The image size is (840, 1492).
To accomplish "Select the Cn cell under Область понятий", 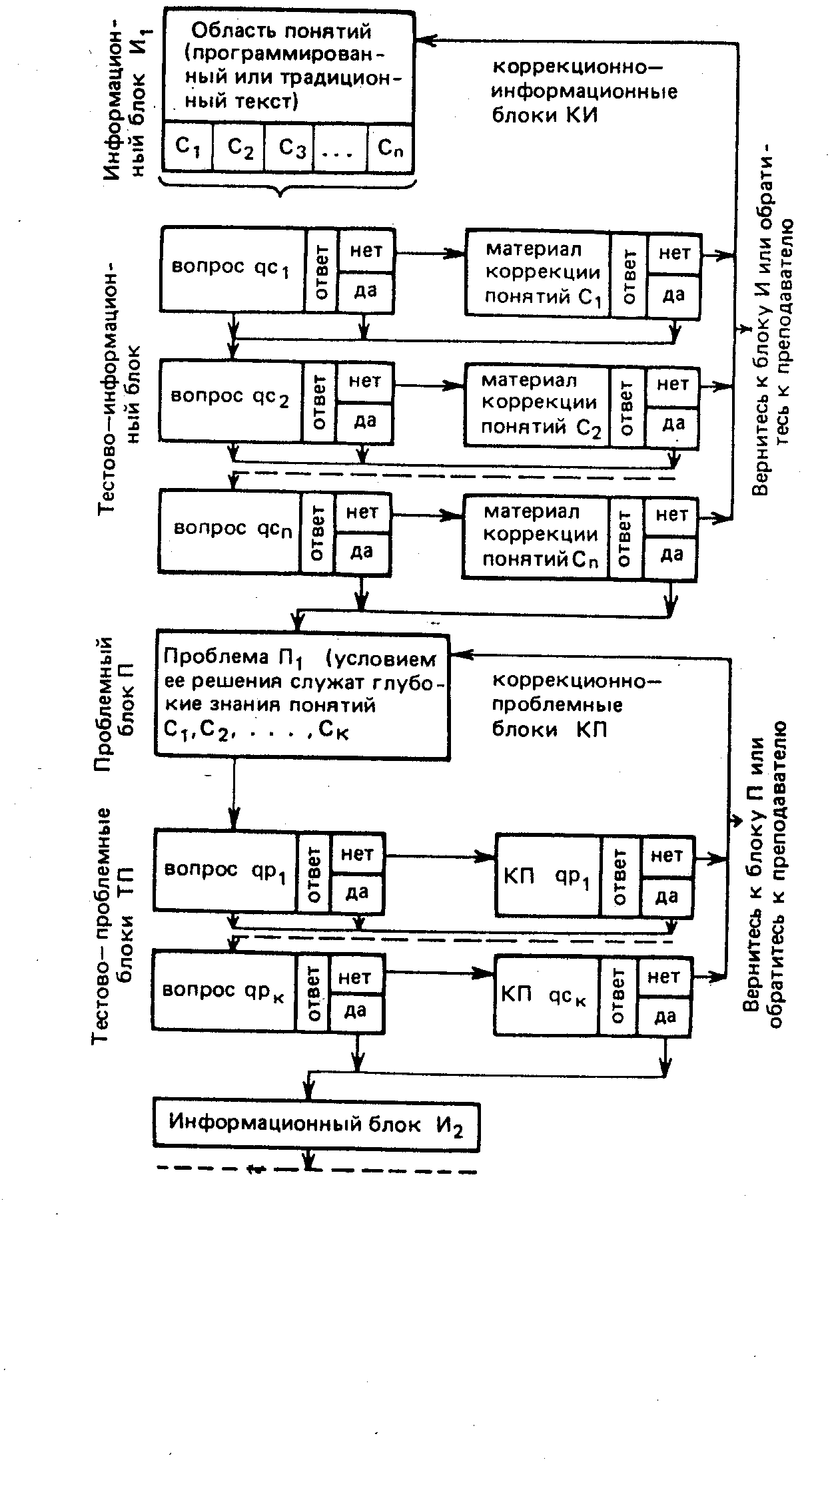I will point(390,147).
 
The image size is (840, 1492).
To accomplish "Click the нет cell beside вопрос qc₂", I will point(365,381).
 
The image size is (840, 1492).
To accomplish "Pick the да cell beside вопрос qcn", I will point(362,552).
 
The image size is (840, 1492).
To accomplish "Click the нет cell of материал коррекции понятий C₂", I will point(673,384).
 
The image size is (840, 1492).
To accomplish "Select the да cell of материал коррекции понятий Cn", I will point(671,555).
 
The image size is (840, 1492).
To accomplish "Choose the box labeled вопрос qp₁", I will point(224,870).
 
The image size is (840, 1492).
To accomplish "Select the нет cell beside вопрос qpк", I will point(356,977).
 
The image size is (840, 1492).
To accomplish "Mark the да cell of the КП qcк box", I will point(665,1017).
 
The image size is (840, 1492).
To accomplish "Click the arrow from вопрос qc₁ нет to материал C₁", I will point(430,253).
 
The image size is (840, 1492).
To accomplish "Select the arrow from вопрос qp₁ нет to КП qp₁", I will point(440,856).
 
